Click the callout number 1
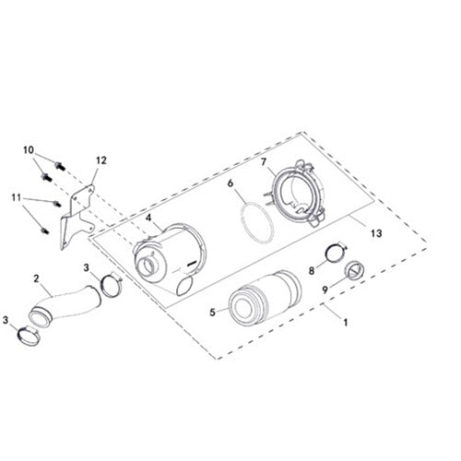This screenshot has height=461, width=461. coord(346,325)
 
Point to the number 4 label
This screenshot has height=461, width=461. coord(148,218)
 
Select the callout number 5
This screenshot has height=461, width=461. coord(212,312)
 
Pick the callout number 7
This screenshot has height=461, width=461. coord(263,162)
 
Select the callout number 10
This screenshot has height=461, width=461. coord(29,149)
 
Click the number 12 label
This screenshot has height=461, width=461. coord(101,160)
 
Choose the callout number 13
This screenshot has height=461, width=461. coord(375,234)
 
